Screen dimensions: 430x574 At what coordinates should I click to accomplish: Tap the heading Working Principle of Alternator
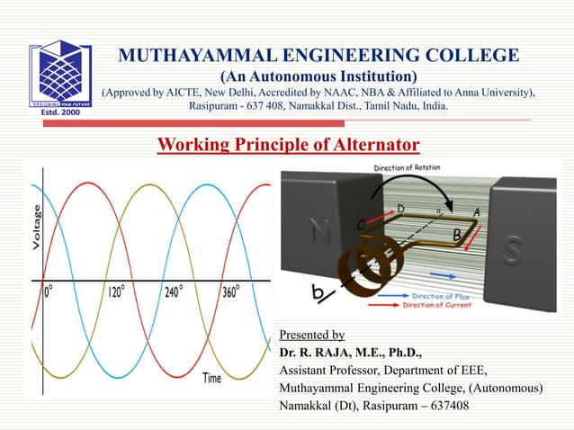pos(288,145)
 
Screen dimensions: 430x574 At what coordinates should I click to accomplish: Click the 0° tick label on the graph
pos(55,291)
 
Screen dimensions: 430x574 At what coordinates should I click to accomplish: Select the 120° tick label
pos(123,291)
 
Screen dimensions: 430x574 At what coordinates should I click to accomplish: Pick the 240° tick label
pos(178,291)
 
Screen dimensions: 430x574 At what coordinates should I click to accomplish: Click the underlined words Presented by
pos(312,335)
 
